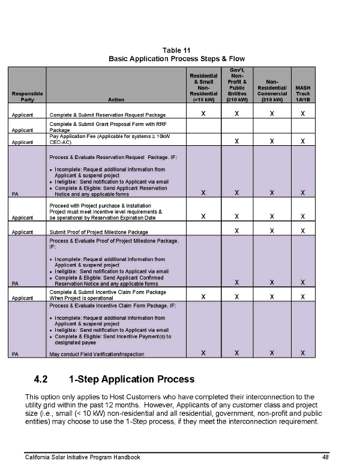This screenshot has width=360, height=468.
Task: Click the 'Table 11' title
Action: click(176, 50)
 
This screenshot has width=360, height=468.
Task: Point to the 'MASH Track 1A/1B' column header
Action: click(303, 94)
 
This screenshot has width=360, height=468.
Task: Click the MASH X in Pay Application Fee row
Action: click(303, 141)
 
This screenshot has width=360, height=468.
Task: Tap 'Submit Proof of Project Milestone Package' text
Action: click(99, 232)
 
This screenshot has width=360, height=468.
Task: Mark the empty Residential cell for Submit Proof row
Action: click(203, 231)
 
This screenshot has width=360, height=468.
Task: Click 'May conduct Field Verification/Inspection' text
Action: click(97, 354)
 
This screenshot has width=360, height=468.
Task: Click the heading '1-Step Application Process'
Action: click(132, 379)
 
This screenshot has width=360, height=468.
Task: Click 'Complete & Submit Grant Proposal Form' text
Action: click(106, 124)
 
